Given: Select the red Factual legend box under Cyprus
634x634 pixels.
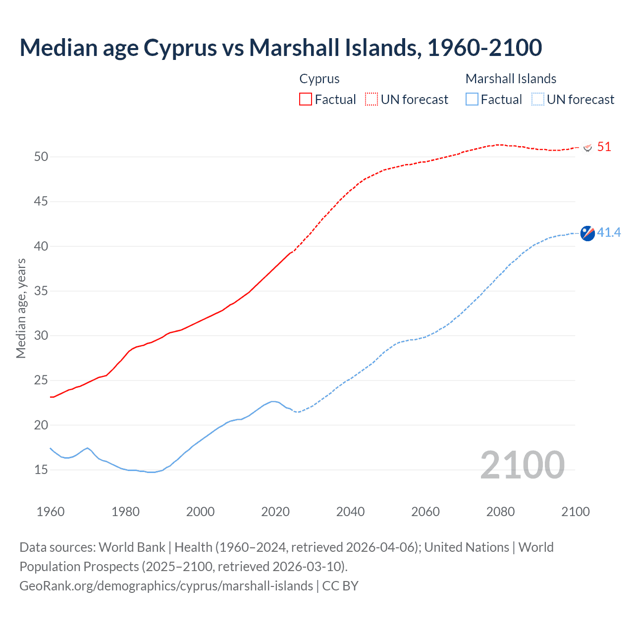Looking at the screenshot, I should (306, 99).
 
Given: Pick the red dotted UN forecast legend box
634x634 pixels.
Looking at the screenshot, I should (371, 99).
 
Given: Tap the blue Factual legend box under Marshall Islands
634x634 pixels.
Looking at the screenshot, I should (472, 99).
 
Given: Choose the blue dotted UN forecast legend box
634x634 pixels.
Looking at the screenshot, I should (537, 99).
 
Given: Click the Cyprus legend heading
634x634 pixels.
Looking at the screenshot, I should (319, 79).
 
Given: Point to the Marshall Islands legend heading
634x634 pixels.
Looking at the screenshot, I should (511, 79).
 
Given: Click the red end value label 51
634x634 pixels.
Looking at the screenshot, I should (604, 147).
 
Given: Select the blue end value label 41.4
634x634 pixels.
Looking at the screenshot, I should (609, 232).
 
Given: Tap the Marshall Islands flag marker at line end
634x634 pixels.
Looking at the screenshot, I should (587, 233).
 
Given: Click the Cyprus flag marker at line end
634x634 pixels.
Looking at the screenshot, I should (588, 148).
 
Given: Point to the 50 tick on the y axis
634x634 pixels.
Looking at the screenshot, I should (41, 157).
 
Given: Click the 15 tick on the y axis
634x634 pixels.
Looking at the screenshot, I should (41, 470).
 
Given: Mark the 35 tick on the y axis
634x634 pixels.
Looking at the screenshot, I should (41, 291).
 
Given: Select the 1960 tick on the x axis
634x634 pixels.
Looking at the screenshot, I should (51, 512).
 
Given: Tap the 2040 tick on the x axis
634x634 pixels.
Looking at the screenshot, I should (350, 512).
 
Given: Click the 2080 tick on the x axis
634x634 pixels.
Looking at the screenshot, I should (500, 512).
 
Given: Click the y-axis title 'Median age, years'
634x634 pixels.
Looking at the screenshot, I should (21, 308).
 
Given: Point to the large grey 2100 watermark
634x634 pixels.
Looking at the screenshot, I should (522, 465).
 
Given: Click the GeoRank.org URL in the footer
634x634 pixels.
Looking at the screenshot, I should (166, 586).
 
